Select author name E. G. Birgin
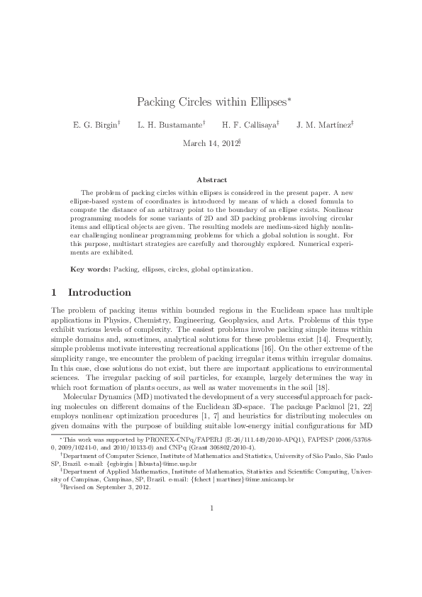pyautogui.click(x=94, y=125)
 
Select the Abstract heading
pyautogui.click(x=211, y=181)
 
